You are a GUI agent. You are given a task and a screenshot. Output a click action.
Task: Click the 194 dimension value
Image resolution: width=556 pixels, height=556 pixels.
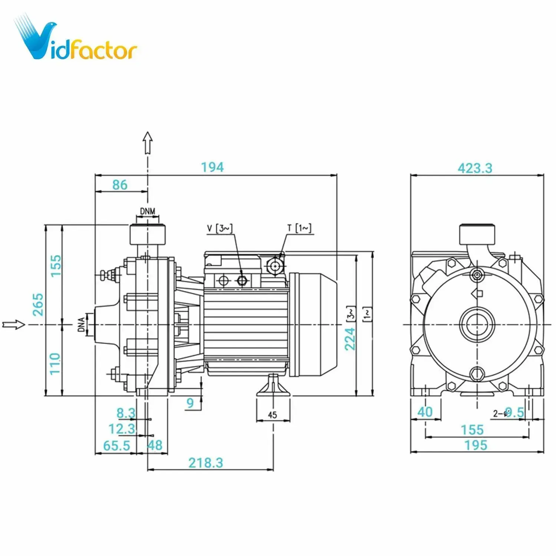click(212, 167)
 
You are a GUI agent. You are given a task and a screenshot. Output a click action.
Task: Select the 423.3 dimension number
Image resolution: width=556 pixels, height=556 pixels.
click(475, 168)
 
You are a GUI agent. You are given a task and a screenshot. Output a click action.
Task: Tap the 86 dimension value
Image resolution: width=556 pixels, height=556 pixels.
click(120, 185)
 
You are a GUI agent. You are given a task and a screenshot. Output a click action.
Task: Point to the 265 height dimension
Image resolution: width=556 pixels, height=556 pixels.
click(38, 304)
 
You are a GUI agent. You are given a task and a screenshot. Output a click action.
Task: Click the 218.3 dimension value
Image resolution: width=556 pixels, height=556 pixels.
click(206, 463)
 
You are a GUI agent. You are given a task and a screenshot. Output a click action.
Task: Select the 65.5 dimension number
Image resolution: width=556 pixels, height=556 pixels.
click(116, 446)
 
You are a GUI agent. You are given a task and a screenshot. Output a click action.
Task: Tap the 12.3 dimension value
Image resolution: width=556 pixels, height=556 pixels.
click(122, 429)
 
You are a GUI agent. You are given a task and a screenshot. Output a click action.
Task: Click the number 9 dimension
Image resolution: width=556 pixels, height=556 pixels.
click(190, 403)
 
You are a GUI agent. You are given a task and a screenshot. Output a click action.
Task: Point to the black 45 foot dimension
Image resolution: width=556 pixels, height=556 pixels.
click(272, 415)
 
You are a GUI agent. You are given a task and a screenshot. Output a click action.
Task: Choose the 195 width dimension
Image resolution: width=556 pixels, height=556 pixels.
click(476, 445)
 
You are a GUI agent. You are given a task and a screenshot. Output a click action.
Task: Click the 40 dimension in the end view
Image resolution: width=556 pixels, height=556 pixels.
click(425, 412)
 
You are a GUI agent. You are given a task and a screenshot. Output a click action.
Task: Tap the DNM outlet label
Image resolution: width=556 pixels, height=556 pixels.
click(148, 211)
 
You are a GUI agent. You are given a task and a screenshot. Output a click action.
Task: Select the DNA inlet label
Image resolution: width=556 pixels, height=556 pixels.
click(81, 325)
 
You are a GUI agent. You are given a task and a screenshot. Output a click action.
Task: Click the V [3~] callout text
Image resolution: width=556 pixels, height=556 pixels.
click(219, 228)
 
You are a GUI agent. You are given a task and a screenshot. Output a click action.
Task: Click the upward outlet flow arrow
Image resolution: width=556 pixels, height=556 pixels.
click(148, 142)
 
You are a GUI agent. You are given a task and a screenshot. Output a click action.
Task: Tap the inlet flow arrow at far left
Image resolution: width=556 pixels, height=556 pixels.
click(14, 325)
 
